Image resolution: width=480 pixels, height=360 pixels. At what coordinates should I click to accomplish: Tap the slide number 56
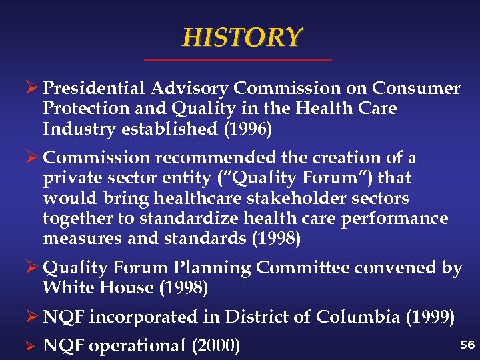point(467,344)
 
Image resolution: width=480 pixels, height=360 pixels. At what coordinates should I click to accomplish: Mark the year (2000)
point(216,346)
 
